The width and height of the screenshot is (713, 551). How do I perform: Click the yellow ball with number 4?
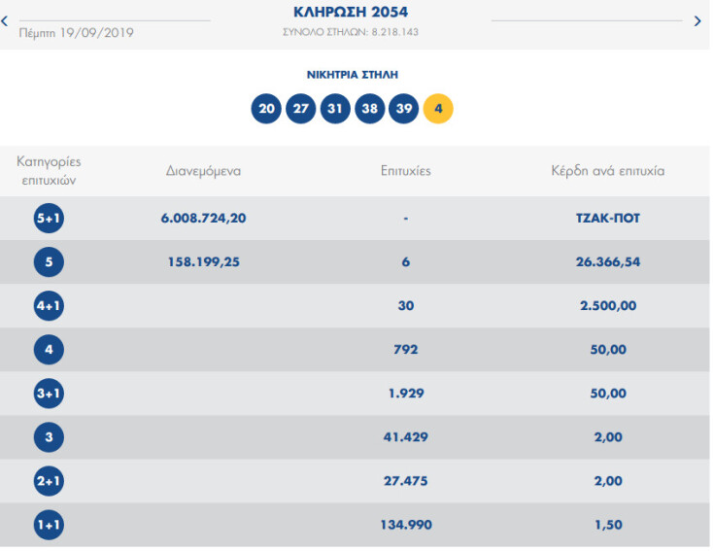(x=438, y=108)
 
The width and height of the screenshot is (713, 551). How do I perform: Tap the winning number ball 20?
(x=265, y=108)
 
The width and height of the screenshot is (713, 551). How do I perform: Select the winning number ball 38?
(x=370, y=108)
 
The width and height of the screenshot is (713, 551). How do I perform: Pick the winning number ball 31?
(x=335, y=108)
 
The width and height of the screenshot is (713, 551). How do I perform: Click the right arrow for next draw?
(x=697, y=20)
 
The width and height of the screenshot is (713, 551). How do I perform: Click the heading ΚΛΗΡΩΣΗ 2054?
(x=351, y=13)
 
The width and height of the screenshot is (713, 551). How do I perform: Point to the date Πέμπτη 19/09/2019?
(x=76, y=33)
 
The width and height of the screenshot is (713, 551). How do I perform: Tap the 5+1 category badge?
(x=48, y=219)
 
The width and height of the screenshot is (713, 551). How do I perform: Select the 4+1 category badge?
(x=48, y=305)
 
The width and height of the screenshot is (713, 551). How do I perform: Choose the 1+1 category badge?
(x=48, y=526)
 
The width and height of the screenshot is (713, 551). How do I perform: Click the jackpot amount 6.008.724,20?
(x=203, y=219)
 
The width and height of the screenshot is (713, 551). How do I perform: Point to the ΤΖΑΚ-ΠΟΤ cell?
(x=607, y=219)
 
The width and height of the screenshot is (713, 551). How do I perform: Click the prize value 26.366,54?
(x=607, y=261)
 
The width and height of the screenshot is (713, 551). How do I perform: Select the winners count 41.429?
(x=405, y=438)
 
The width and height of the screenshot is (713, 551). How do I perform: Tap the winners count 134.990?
(x=405, y=526)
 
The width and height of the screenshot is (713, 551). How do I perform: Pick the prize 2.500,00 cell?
(x=607, y=305)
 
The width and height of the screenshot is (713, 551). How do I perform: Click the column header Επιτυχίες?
(x=405, y=171)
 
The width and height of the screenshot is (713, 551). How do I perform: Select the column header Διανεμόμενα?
(x=203, y=171)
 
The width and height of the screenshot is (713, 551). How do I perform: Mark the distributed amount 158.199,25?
(x=203, y=261)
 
